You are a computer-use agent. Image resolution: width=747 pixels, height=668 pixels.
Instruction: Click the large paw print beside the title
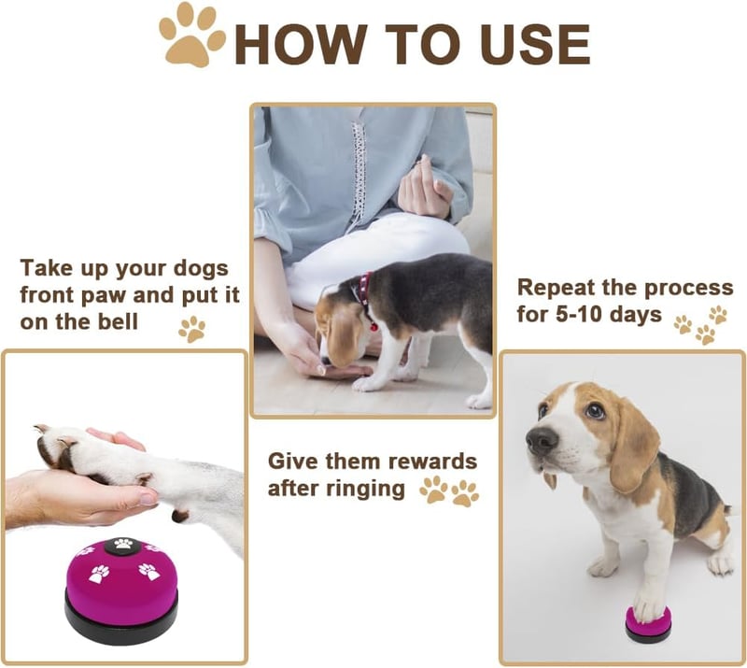(191, 36)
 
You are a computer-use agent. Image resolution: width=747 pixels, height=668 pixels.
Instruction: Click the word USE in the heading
(535, 44)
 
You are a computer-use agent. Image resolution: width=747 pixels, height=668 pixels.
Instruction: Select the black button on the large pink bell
(122, 546)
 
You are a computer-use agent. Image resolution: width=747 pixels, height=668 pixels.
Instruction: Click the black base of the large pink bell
(121, 619)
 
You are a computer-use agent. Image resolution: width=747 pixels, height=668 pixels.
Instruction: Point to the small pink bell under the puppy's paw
(648, 625)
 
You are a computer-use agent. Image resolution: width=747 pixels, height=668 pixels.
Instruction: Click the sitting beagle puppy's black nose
(542, 439)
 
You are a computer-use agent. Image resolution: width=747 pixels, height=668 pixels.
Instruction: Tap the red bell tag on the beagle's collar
(374, 327)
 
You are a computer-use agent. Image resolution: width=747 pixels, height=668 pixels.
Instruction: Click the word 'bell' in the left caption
(118, 321)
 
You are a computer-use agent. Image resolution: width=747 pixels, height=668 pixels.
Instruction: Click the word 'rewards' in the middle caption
(432, 462)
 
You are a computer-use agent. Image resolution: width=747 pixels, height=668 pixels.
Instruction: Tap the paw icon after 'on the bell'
(192, 329)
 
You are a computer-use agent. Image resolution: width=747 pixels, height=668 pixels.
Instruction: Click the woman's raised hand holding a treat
(423, 189)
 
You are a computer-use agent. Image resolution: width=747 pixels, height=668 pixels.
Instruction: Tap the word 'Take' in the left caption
(47, 268)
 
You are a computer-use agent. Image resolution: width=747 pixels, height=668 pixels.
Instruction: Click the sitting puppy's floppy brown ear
(633, 446)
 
